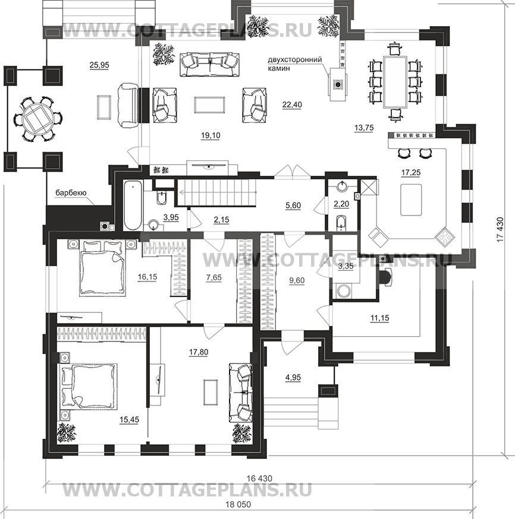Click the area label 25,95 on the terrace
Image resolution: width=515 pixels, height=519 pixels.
tap(99, 65)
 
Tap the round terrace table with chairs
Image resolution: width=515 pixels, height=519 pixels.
tap(39, 118)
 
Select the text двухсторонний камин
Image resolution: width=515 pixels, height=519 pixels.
tap(294, 64)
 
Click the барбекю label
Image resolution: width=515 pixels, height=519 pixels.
tap(71, 192)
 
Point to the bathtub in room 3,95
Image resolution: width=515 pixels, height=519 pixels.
tap(133, 205)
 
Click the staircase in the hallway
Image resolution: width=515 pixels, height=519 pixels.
tap(216, 192)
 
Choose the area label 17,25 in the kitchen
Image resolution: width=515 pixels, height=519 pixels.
tap(410, 172)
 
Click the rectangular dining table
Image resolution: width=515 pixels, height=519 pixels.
tap(395, 81)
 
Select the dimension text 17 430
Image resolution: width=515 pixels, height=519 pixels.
tap(500, 229)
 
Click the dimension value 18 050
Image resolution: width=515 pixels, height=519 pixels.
tap(238, 504)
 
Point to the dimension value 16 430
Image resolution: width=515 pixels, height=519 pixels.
tap(259, 478)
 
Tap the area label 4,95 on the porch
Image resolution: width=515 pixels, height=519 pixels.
tap(293, 377)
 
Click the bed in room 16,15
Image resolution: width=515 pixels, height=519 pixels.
tap(102, 267)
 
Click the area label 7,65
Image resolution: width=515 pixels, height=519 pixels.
tap(213, 277)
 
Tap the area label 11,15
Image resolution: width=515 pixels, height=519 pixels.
tap(379, 318)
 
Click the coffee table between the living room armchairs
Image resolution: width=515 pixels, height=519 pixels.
tap(209, 105)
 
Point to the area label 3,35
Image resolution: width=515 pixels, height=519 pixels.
tap(346, 267)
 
